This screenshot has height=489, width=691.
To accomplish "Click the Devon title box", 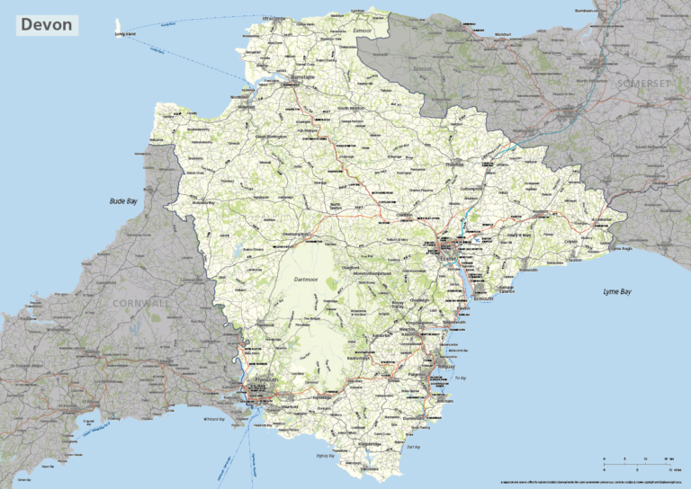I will pyautogui.click(x=47, y=25).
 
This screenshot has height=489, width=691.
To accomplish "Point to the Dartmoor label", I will pyautogui.click(x=307, y=280).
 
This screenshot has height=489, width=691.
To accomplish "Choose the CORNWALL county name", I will pyautogui.click(x=140, y=304).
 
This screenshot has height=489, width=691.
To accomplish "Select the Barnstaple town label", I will pyautogui.click(x=304, y=77).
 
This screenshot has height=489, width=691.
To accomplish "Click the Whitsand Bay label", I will pyautogui.click(x=213, y=419).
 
